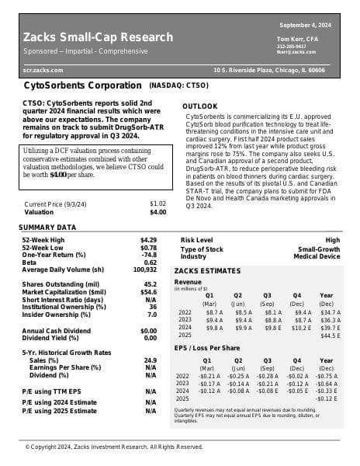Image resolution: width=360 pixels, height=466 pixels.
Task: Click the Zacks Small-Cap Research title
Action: tap(98, 37)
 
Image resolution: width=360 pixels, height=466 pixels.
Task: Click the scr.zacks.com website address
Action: tap(43, 70)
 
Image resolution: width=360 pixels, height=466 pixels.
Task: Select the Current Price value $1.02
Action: tap(157, 203)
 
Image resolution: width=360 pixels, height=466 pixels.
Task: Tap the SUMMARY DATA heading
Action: tap(47, 228)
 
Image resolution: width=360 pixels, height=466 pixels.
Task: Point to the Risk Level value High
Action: tap(332, 241)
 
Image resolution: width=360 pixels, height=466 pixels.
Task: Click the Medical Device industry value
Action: tap(317, 256)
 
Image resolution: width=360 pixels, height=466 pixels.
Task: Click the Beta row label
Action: tap(30, 263)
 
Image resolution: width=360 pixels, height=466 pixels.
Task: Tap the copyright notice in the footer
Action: tap(114, 447)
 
